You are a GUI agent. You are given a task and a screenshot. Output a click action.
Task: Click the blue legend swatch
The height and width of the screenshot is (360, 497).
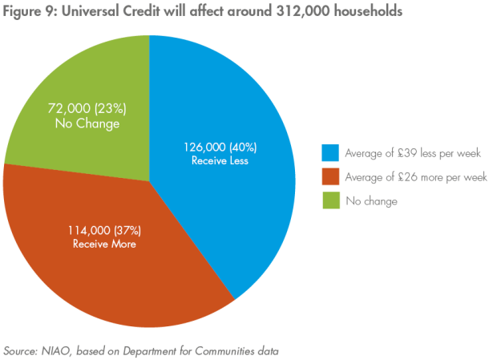point(330,153)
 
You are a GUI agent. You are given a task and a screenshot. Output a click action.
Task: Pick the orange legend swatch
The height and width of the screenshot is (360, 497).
point(330,177)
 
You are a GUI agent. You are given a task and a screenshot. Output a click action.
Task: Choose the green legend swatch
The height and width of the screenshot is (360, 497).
point(330,201)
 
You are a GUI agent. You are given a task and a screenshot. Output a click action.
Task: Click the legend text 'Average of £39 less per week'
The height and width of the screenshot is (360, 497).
point(412,153)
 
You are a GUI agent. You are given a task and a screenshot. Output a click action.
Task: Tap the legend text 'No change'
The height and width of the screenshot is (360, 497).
point(371,201)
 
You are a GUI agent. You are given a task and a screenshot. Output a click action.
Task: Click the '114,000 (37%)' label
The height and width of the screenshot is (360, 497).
point(102,230)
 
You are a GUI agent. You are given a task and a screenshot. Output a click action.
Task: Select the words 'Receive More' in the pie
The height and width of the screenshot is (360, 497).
point(102,244)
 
